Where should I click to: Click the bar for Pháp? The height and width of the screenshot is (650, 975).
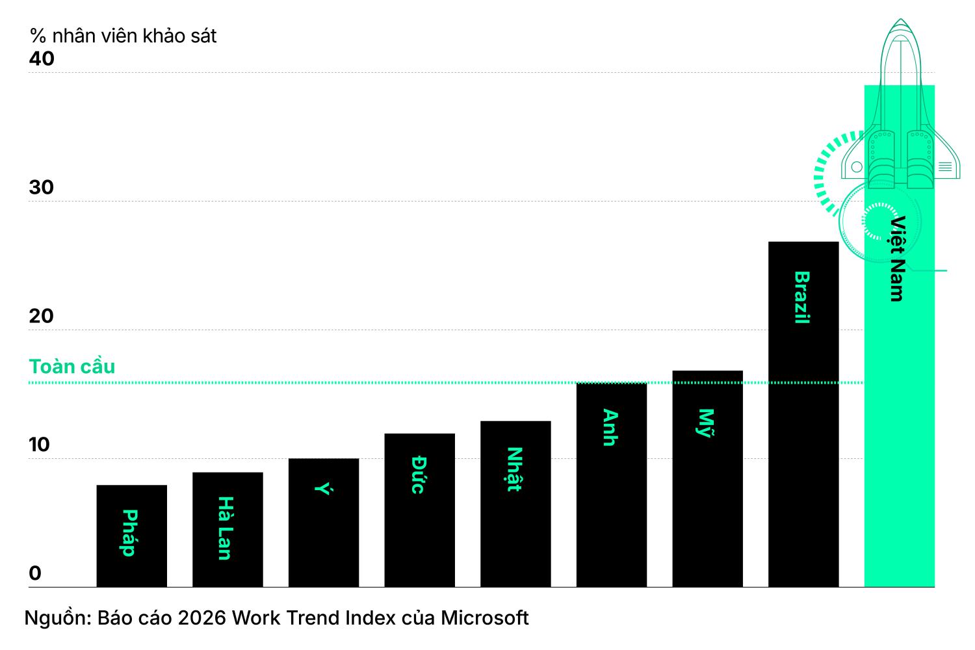pos(131,536)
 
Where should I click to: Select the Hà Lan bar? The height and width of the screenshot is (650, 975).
pos(227,530)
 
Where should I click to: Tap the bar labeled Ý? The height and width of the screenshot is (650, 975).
pos(324,523)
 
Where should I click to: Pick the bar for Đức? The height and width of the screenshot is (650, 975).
pos(420,510)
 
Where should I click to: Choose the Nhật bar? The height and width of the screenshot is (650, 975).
pos(516,504)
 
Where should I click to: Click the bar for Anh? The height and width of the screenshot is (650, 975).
pos(612,485)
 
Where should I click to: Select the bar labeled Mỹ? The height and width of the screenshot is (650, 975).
pos(708,479)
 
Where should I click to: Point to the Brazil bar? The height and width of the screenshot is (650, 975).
pos(803,415)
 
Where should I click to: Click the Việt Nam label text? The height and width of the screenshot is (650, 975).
pos(897,259)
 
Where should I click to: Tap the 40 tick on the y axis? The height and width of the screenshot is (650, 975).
pos(42,58)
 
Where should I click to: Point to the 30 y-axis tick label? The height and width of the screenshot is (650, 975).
pos(42,187)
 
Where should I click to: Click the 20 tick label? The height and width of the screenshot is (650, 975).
pos(42,316)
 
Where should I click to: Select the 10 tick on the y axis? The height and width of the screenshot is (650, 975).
pos(39,445)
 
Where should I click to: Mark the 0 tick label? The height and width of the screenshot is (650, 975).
pos(35,573)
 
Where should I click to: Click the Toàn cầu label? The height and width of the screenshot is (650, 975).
pos(71,366)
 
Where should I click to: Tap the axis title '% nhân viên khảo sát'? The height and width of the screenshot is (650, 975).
pos(123,36)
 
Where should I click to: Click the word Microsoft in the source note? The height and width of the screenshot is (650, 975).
pos(485,617)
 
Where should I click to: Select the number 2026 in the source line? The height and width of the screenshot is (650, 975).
pos(202,617)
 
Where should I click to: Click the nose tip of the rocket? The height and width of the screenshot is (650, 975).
pos(900,19)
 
